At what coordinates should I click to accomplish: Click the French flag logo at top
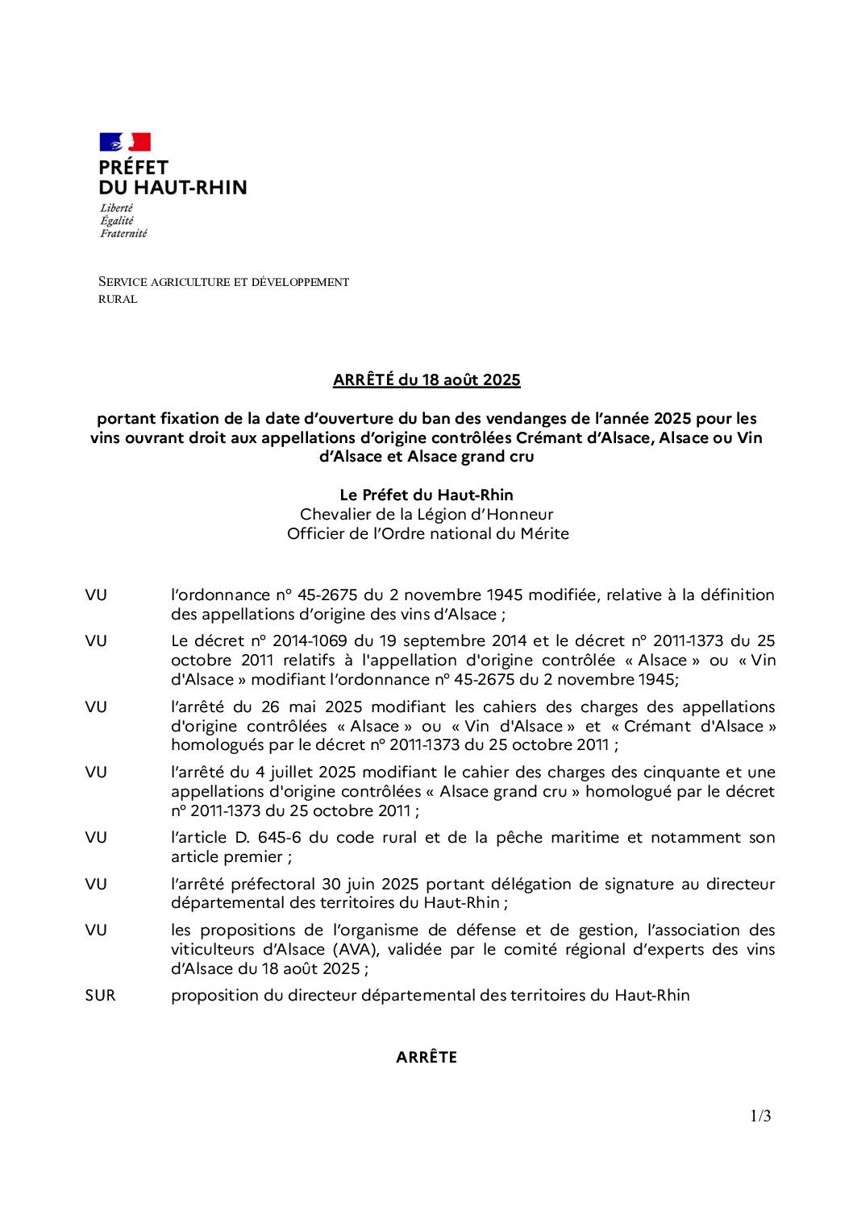pos(125,143)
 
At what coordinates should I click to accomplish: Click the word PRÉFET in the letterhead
pos(133,168)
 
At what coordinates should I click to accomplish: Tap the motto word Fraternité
pos(123,234)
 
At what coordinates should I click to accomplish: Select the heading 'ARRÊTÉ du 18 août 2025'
pos(426,379)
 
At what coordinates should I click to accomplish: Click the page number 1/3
pos(760,1116)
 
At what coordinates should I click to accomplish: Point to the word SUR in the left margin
pos(100,996)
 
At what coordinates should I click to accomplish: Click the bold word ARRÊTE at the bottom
pos(426,1058)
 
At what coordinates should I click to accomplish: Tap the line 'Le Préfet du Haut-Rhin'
pos(426,495)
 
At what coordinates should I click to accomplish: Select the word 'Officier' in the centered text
pos(316,533)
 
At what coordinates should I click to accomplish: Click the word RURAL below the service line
pos(118,300)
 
